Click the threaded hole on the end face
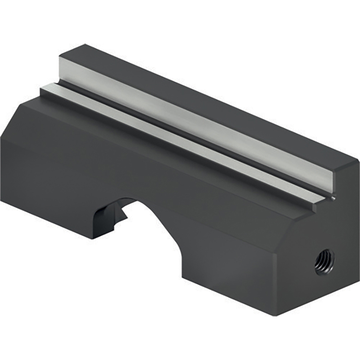pyautogui.click(x=324, y=260)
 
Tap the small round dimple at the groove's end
pyautogui.click(x=334, y=197)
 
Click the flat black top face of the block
pyautogui.click(x=216, y=104)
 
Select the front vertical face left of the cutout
pyautogui.click(x=47, y=180)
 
